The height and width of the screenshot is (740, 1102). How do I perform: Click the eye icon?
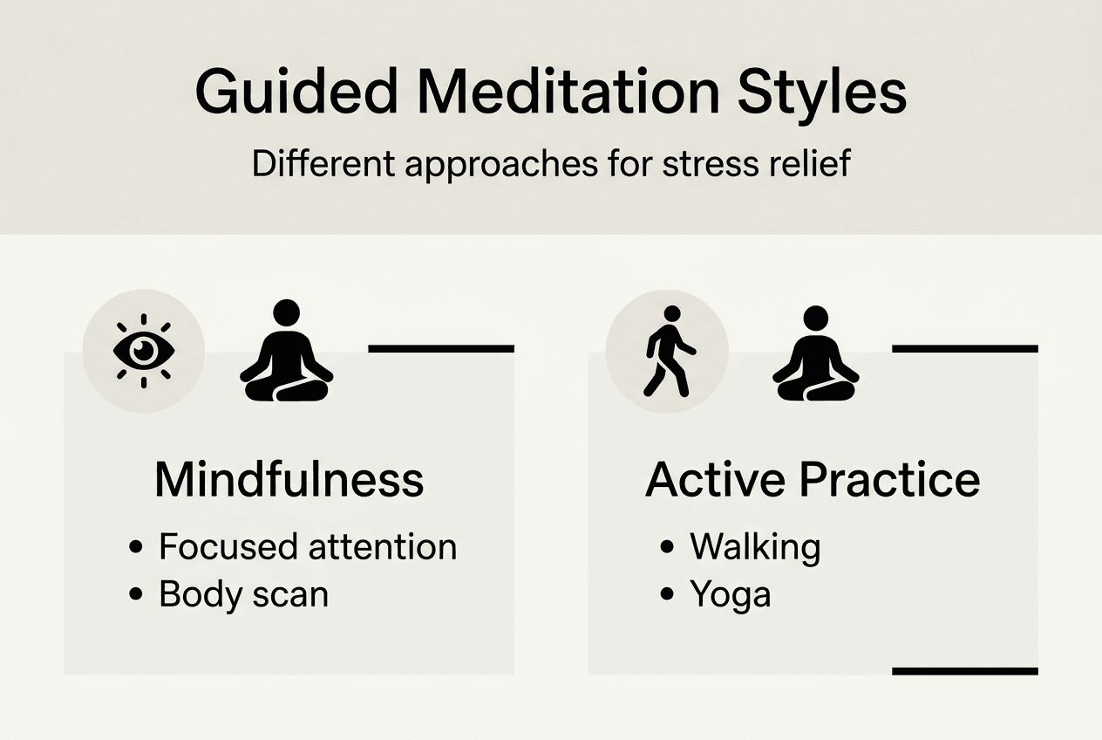coord(144,351)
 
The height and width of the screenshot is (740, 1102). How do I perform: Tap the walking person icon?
coord(669,351)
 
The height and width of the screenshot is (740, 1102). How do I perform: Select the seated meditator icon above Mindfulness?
coord(286,351)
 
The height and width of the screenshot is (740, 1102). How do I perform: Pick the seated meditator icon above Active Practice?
coord(816,353)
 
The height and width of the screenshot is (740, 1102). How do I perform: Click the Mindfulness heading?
coord(289,480)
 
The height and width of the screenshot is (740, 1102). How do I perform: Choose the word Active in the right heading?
coord(710,480)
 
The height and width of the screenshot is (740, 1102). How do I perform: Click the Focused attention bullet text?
coord(308,547)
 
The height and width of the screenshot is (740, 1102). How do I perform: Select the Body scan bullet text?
coord(244,594)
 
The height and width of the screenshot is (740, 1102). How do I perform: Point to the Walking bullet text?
coord(755,547)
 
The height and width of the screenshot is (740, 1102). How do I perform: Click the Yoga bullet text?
coord(731,594)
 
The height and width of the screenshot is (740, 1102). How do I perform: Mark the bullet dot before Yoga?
coord(667,595)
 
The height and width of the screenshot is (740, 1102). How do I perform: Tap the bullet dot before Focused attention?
coord(135,548)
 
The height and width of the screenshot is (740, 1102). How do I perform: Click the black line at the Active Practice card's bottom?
coord(965,671)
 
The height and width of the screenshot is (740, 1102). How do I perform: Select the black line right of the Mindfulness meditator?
coord(441,348)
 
